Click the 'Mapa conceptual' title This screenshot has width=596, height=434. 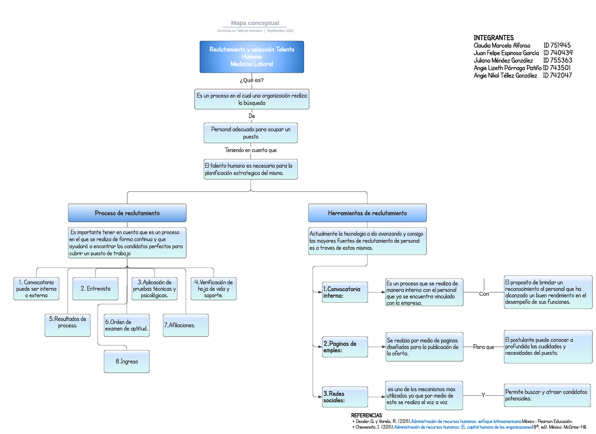point(255,23)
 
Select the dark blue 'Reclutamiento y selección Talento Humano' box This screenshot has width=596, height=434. point(251,57)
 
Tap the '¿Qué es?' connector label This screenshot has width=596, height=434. point(251,80)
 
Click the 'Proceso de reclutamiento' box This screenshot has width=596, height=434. point(127,213)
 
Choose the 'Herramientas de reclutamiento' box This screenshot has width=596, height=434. point(367,213)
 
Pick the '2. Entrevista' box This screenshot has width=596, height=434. point(95,288)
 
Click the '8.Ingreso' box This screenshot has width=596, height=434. point(127,361)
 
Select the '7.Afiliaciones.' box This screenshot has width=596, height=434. point(185,325)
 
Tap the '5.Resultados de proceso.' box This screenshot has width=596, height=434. point(68,322)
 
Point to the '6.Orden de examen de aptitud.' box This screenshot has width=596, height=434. point(127,325)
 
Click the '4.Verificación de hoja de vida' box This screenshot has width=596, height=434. point(213,289)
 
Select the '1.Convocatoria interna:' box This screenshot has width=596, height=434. point(345,292)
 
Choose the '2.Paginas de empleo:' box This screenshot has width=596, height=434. point(345,347)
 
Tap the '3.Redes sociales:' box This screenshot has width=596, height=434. point(345,397)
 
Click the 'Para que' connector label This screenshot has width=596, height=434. point(483,347)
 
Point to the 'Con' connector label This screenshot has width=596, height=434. point(484,294)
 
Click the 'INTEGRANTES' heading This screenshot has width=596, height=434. point(493,38)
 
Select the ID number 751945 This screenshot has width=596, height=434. point(557,45)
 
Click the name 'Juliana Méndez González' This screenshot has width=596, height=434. point(503,60)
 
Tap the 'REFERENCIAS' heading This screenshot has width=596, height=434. point(366,415)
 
